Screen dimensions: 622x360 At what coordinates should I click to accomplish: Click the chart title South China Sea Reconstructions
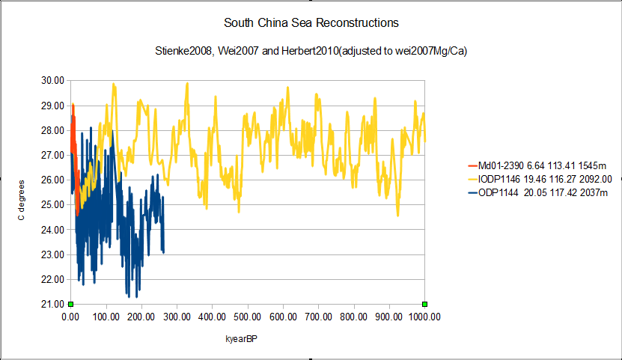point(311,23)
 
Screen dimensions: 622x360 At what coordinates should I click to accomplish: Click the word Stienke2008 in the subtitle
point(184,51)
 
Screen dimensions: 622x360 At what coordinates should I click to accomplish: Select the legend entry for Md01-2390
point(537,165)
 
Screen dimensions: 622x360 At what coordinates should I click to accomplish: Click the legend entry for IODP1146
point(540,179)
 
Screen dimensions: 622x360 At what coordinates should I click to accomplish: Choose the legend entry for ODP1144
point(538,192)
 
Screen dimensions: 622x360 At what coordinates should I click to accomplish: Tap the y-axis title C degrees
point(21,201)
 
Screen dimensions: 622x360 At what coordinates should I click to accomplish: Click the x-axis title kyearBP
point(241,339)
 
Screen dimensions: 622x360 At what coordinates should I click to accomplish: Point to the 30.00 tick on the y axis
point(52,81)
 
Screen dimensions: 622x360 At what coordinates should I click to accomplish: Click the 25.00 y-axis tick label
point(52,204)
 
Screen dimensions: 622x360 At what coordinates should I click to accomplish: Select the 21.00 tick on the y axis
point(52,304)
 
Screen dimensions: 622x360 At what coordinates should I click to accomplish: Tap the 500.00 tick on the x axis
point(248,317)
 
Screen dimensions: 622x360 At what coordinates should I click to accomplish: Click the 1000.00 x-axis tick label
point(424,317)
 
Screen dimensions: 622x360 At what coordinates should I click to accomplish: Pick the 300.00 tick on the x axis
point(177,317)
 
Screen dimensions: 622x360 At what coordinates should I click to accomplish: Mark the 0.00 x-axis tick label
point(70,317)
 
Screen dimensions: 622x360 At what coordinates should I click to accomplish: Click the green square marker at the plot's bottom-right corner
point(424,304)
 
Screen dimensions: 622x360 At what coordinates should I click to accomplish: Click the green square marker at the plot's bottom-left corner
point(70,304)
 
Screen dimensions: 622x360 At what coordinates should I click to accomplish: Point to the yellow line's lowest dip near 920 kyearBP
point(398,216)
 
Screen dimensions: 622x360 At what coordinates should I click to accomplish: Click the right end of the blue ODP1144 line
point(163,252)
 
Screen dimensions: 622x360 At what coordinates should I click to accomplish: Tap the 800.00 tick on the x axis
point(354,317)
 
